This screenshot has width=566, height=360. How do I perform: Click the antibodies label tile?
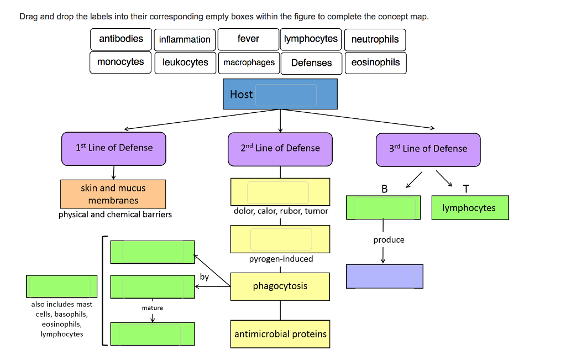click(120, 39)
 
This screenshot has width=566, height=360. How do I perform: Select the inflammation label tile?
click(185, 39)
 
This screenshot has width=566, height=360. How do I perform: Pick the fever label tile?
click(248, 39)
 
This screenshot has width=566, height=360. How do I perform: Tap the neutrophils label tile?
click(375, 39)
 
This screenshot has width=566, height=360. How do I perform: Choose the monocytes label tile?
click(120, 62)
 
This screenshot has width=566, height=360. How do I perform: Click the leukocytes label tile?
click(185, 62)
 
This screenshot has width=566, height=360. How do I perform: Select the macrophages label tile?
click(249, 62)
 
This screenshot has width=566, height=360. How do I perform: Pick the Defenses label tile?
click(312, 62)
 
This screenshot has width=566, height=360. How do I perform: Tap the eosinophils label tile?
click(375, 62)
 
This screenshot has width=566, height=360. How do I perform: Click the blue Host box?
click(280, 94)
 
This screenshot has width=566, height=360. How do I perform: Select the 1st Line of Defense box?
click(113, 148)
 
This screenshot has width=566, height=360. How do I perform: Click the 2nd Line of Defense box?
click(280, 149)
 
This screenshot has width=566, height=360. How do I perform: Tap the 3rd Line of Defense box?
click(428, 149)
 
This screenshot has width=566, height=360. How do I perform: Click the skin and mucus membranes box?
click(113, 194)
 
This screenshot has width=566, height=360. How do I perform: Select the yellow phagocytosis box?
click(280, 286)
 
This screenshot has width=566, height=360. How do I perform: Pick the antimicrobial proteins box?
click(280, 334)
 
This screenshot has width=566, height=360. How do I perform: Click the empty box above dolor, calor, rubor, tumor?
click(280, 192)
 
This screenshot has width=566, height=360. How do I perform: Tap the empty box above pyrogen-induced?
click(280, 239)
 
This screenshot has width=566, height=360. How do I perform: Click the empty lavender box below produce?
click(384, 276)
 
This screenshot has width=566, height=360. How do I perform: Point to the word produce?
click(389, 240)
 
